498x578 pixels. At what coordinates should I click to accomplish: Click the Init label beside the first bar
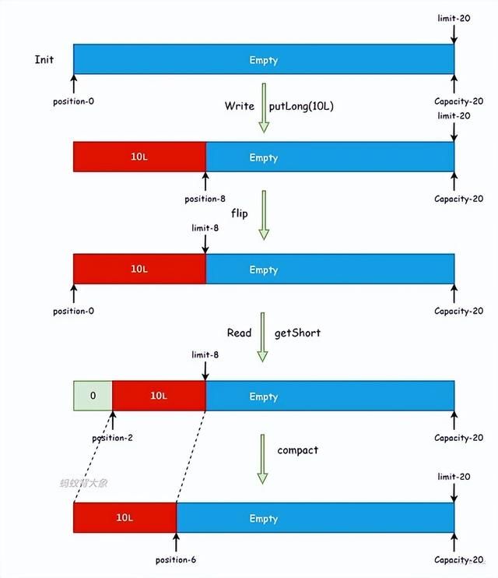click(44, 60)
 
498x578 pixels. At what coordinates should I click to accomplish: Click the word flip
click(240, 213)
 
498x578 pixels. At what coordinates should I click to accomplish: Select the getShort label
click(297, 333)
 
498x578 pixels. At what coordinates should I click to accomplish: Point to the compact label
click(298, 450)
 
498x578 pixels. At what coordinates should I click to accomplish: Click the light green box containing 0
click(93, 396)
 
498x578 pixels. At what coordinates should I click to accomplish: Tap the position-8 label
click(205, 199)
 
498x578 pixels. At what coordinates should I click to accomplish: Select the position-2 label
click(113, 438)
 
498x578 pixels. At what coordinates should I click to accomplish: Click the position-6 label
click(177, 559)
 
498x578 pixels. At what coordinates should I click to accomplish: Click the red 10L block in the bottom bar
click(124, 518)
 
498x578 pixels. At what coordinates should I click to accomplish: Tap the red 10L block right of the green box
click(159, 396)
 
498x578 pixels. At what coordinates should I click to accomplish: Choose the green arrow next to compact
click(263, 460)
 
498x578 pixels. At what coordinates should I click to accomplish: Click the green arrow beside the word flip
click(263, 215)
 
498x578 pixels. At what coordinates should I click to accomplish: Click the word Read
click(239, 333)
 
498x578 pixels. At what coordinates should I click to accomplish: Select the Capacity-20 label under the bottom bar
click(458, 559)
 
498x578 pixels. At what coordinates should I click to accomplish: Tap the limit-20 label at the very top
click(454, 17)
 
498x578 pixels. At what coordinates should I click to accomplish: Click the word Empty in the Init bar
click(263, 60)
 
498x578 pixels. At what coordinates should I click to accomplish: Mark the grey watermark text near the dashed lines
click(83, 483)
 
